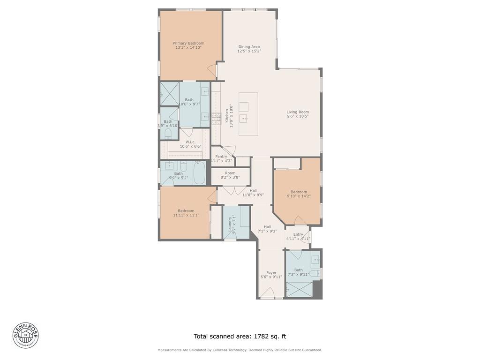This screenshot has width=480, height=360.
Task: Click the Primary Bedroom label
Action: [x=188, y=43]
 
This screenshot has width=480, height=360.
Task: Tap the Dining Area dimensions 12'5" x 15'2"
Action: [x=249, y=51]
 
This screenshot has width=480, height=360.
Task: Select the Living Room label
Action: [x=298, y=112]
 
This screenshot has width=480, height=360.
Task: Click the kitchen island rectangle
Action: [x=248, y=114]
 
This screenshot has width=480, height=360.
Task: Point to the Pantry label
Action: [x=221, y=157]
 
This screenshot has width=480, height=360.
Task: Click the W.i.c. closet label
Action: [x=190, y=142]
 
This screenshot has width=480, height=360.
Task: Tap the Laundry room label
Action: [x=230, y=224]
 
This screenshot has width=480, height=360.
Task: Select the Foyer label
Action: [x=271, y=273]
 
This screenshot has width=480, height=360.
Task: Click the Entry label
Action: [x=298, y=234]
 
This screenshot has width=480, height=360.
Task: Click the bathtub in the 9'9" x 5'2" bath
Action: [x=199, y=173]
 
